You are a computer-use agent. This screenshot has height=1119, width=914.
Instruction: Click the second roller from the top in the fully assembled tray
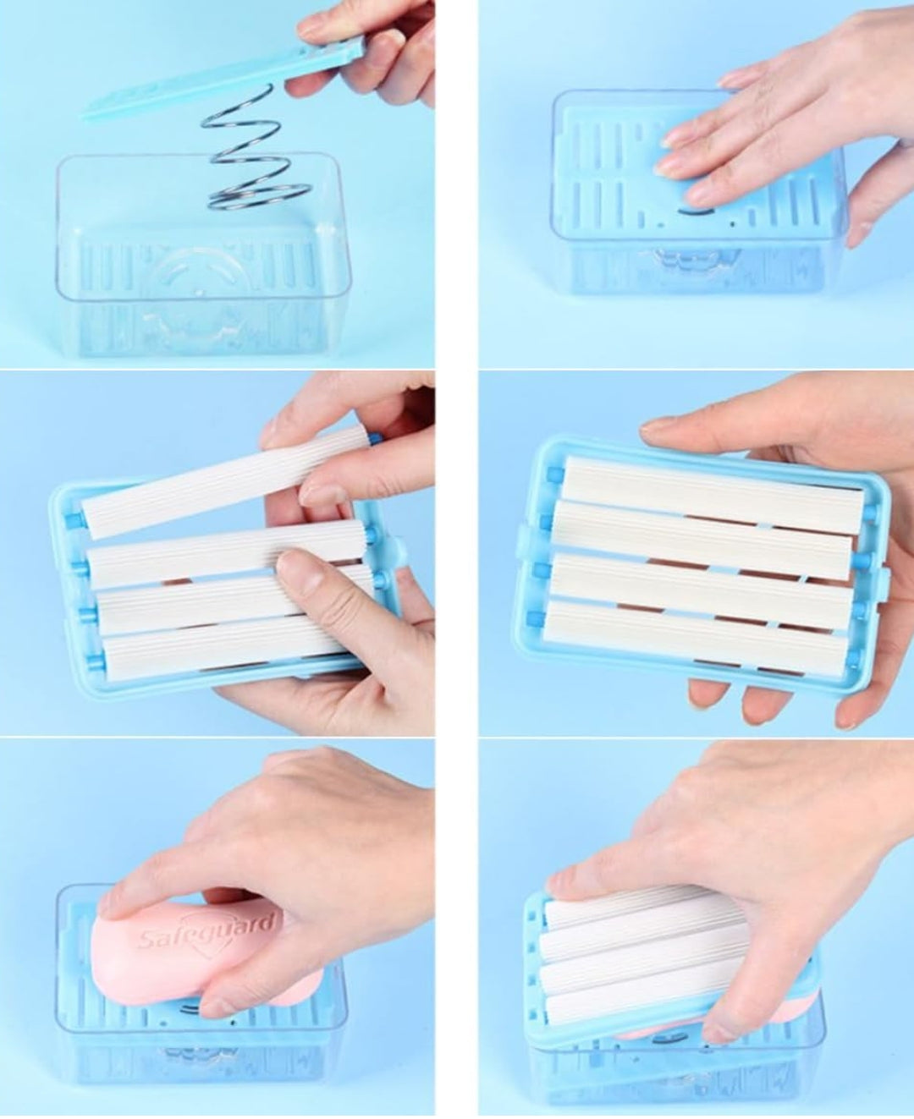point(702,529)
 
